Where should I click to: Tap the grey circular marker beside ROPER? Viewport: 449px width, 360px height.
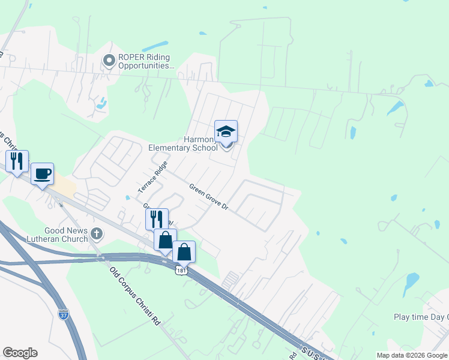109,60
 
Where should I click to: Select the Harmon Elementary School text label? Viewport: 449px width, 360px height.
183,143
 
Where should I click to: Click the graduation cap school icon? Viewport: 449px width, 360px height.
226,131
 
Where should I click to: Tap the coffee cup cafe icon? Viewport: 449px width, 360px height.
42,174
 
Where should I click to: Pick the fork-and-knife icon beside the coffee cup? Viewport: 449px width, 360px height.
17,161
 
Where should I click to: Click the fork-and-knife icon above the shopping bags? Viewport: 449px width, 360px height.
156,219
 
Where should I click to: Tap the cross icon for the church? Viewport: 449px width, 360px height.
96,233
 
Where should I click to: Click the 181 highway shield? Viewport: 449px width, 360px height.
181,271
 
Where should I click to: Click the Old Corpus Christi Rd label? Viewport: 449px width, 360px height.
136,295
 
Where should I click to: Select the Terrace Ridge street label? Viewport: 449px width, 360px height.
153,177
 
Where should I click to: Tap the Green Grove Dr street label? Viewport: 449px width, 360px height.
209,197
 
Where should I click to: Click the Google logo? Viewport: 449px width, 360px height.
20,352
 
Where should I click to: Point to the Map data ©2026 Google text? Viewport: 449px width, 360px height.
411,355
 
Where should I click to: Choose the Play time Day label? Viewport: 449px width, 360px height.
420,317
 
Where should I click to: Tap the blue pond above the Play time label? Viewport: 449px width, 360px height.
412,280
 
